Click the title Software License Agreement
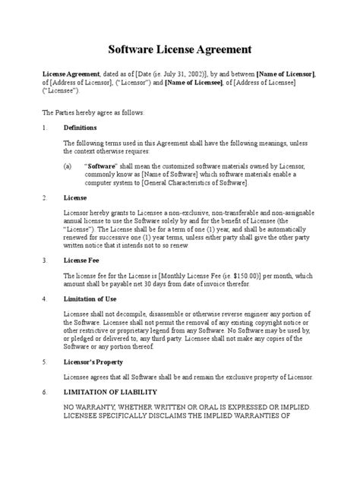[180, 50]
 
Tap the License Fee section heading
[81, 259]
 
